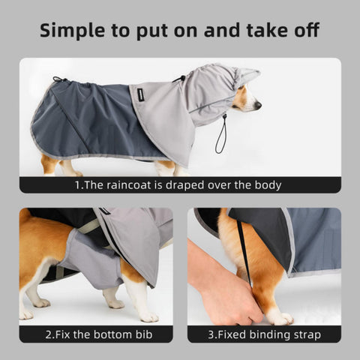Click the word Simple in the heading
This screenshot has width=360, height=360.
pyautogui.click(x=72, y=31)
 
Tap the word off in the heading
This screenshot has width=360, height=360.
pyautogui.click(x=307, y=30)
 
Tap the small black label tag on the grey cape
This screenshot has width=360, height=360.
pyautogui.click(x=137, y=96)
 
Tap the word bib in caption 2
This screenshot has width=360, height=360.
pyautogui.click(x=144, y=334)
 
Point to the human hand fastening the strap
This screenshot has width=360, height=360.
pyautogui.click(x=223, y=290)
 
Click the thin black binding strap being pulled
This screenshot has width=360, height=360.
pyautogui.click(x=244, y=253)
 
